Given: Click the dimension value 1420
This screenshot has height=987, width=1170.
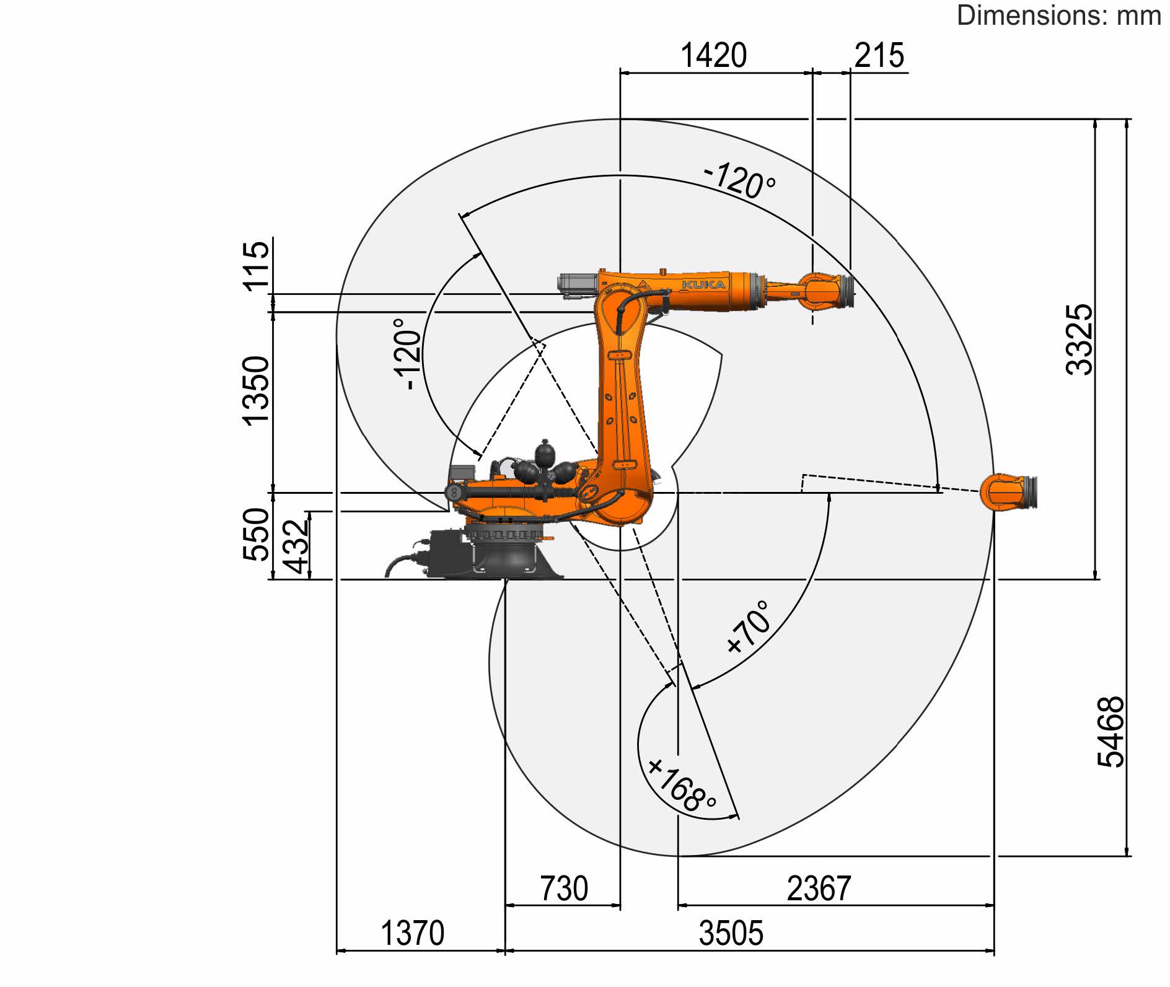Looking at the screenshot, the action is (713, 55).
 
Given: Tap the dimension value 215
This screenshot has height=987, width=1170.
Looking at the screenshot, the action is (879, 55).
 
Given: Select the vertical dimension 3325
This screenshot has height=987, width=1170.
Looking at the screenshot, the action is (1079, 339).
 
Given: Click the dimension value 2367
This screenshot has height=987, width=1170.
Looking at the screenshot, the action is (819, 888).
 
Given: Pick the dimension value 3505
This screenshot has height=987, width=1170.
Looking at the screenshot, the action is (731, 933).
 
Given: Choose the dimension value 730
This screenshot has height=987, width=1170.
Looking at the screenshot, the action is (564, 888).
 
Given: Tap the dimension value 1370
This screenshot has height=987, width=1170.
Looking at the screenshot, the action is (412, 933).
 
